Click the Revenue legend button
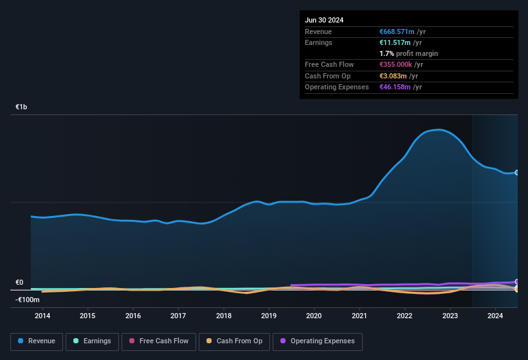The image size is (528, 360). (37, 341)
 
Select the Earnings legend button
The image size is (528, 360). (92, 341)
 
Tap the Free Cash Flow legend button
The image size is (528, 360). (159, 341)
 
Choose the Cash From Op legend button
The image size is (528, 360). (234, 341)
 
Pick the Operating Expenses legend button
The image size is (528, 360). (317, 341)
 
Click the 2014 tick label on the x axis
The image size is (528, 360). (42, 316)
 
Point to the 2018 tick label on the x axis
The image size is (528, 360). (224, 316)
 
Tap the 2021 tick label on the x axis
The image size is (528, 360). (360, 316)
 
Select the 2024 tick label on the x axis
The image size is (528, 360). (495, 316)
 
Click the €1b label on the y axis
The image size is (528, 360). (21, 107)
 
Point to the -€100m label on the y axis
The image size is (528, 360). (27, 300)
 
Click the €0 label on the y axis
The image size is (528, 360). (19, 282)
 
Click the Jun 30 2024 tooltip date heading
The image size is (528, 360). (324, 20)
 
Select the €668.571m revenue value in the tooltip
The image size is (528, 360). (397, 32)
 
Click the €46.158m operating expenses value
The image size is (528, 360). (395, 87)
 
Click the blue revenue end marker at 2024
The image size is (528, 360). (517, 172)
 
